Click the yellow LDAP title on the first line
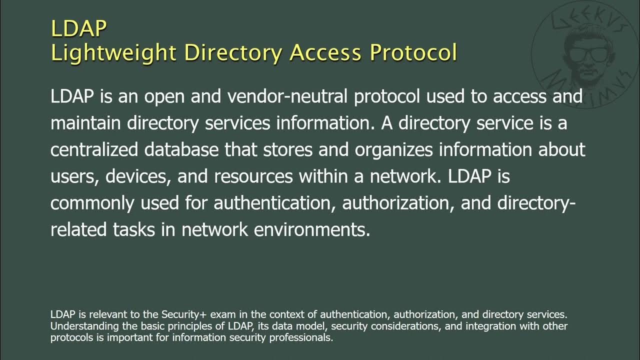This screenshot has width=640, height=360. point(78,29)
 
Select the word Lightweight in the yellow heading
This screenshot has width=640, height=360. point(113,53)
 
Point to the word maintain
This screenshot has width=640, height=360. point(85,123)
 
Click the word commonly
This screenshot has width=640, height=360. point(92,203)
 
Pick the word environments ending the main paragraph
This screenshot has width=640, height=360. point(312,230)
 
